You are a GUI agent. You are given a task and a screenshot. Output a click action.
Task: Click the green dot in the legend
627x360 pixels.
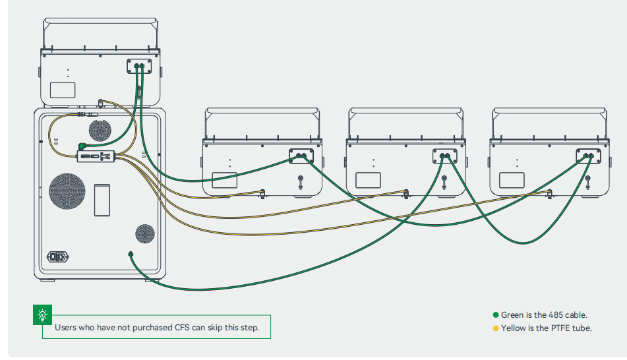tap(496, 315)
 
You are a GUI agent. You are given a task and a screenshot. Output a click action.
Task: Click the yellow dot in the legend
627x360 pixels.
tap(496, 328)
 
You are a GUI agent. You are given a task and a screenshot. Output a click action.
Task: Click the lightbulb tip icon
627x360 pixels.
tap(43, 315)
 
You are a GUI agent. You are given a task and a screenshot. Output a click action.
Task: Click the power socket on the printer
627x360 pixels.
tap(57, 256)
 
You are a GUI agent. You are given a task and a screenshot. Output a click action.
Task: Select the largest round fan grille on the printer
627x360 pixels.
tap(67, 191)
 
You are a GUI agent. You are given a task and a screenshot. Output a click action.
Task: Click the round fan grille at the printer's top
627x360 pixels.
tap(100, 129)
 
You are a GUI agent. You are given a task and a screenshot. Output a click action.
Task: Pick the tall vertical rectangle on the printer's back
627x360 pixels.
tap(102, 200)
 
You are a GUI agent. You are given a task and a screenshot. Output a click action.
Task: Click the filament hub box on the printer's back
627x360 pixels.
tap(97, 156)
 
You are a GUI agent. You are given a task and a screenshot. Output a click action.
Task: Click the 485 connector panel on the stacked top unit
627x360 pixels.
tap(139, 66)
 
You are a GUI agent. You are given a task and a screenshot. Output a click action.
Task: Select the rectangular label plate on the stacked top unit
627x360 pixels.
tap(63, 90)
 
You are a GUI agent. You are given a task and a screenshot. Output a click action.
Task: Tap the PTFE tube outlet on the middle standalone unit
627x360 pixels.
tap(405, 193)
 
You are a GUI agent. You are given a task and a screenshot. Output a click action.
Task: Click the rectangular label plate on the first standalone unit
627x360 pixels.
tap(224, 179)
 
